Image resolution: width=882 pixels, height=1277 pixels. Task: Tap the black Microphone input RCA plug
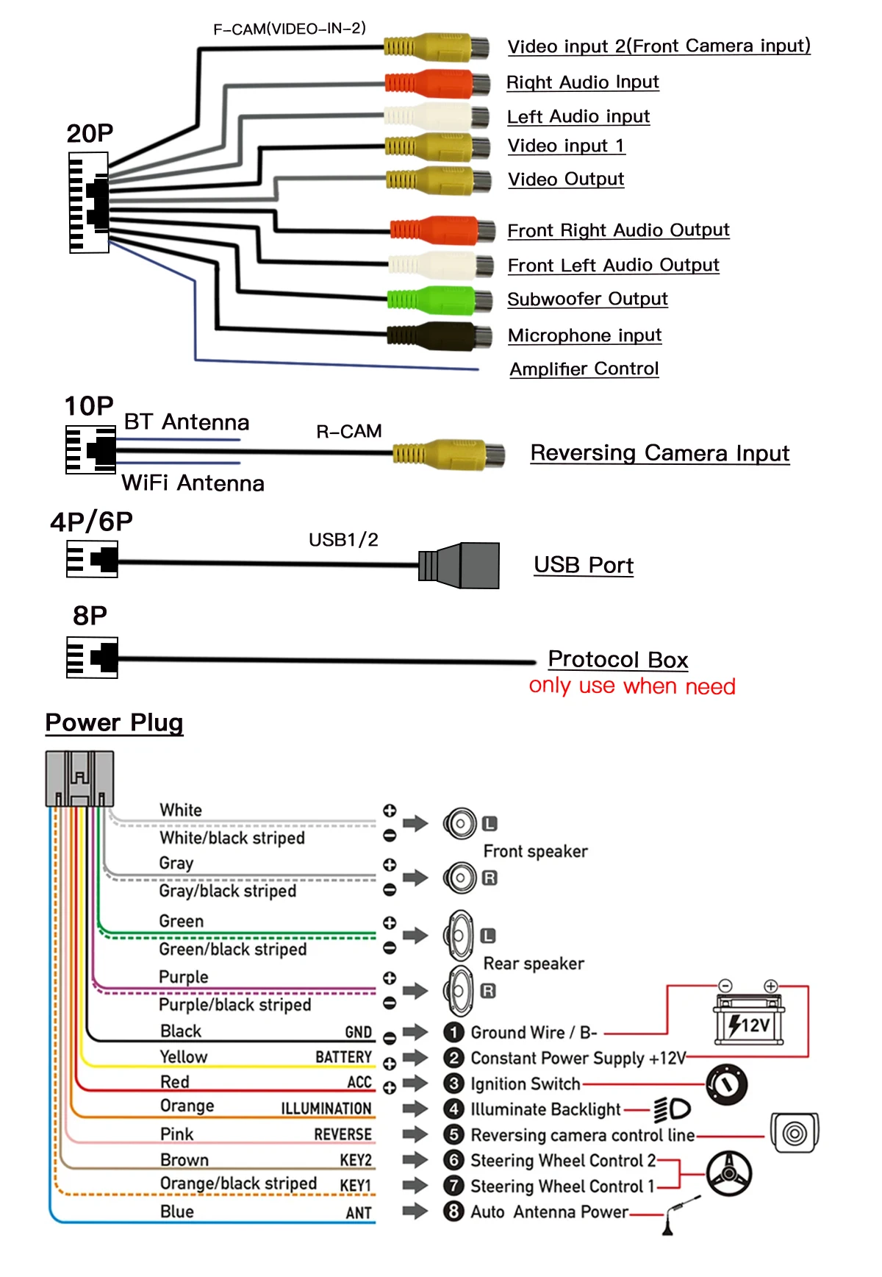tap(440, 336)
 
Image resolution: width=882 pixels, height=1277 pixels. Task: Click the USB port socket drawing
tap(460, 566)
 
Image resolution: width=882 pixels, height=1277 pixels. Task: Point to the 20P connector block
tap(89, 202)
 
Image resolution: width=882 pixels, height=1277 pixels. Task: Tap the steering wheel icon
tap(728, 1173)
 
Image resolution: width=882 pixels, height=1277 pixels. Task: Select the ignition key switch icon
tap(726, 1085)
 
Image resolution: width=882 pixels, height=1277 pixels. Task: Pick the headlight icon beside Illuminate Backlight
tap(672, 1109)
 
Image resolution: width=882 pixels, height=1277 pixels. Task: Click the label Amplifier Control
tap(584, 369)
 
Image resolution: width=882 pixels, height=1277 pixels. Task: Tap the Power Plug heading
tap(114, 722)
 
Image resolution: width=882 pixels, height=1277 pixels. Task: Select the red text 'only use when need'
tap(632, 686)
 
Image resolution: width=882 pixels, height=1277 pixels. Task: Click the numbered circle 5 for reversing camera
tap(454, 1134)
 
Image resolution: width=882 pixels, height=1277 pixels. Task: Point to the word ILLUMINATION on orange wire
tap(326, 1109)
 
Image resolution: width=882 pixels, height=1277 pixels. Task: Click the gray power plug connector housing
tap(79, 778)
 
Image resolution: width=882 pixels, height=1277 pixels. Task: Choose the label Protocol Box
tap(618, 659)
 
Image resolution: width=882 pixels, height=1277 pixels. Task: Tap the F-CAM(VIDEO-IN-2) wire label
tap(290, 29)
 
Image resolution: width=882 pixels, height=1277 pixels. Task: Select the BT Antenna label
tap(187, 422)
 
